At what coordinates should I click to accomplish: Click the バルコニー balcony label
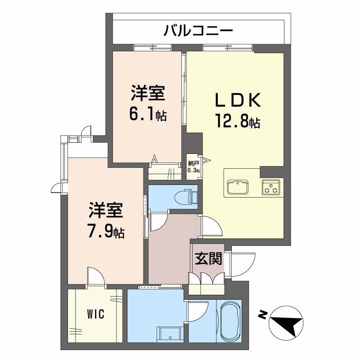198,31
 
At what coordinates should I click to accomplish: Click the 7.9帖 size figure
106,232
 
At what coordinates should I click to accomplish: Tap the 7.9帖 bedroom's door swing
95,275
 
